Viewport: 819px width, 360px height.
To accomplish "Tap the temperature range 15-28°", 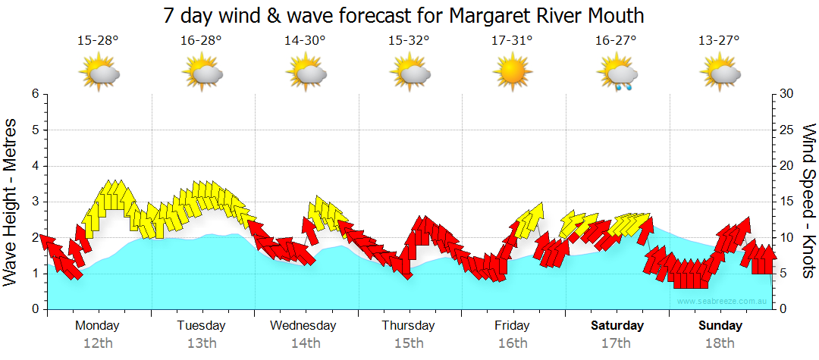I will (98, 41).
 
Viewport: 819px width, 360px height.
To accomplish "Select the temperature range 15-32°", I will (409, 41).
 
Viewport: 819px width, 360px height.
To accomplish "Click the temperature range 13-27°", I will (719, 41).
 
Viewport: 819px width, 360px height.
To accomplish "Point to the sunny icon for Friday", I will (512, 74).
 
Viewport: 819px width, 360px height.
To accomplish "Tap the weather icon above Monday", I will (99, 74).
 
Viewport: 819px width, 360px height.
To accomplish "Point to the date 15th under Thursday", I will (409, 343).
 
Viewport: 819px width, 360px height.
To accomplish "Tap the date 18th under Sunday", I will (720, 343).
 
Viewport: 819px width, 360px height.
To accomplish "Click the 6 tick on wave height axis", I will (35, 94).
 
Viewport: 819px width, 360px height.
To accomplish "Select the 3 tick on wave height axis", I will (35, 202).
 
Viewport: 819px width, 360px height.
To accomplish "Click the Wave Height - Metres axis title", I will (11, 202).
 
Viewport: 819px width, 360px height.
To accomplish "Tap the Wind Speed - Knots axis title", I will (808, 202).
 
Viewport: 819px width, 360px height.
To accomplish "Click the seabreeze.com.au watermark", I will (723, 301).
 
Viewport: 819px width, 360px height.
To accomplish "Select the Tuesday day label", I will (201, 326).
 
